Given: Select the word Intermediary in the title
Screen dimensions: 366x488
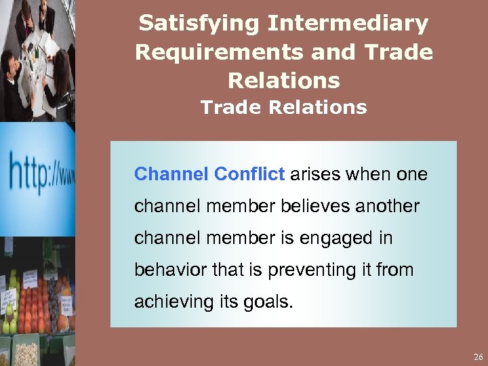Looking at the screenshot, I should click(348, 24).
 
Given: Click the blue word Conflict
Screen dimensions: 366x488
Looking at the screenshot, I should click(249, 174).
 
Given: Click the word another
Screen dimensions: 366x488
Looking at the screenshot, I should click(386, 205).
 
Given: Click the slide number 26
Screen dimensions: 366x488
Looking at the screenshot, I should click(478, 357).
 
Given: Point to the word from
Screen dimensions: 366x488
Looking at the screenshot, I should click(397, 270).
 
